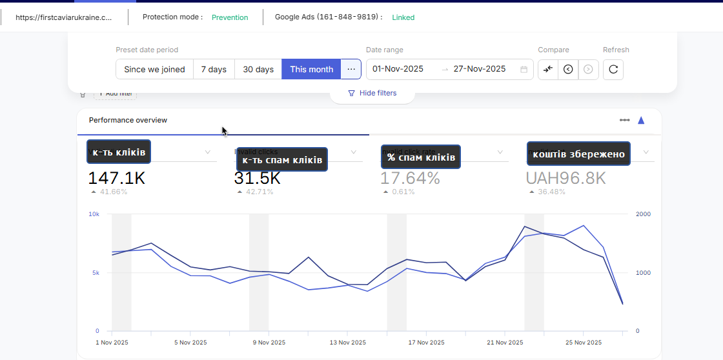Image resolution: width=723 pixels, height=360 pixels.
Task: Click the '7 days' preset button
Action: tap(214, 70)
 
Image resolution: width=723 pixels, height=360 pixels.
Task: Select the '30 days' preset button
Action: tap(258, 70)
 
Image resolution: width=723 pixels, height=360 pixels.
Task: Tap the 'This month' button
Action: tap(311, 70)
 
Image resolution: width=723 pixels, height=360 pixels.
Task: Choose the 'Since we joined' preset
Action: tap(154, 70)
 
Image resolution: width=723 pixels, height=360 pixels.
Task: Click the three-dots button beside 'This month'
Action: tap(351, 69)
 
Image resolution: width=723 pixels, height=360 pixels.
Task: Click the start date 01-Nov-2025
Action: tap(398, 69)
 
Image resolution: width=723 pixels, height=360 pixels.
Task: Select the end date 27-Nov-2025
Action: tap(479, 69)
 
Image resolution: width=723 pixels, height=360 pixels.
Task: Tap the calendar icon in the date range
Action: tap(524, 69)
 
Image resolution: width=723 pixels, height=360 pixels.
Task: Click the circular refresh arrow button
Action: tap(613, 69)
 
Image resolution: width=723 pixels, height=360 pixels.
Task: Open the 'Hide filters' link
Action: tap(372, 93)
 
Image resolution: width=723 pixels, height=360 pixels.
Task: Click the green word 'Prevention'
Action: tap(230, 17)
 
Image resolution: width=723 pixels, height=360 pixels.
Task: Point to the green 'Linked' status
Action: tap(403, 17)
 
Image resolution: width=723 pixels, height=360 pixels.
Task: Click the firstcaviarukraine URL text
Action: tap(63, 17)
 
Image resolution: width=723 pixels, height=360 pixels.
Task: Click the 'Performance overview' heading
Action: tap(128, 120)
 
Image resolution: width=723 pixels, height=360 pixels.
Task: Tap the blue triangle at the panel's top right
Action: tap(641, 120)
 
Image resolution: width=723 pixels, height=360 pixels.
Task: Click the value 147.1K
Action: tap(116, 178)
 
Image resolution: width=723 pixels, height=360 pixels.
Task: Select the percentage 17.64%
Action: tap(410, 178)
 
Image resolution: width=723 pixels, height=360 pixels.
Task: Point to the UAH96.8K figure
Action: tap(565, 178)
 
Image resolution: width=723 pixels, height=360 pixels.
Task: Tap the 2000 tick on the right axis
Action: tap(642, 214)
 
